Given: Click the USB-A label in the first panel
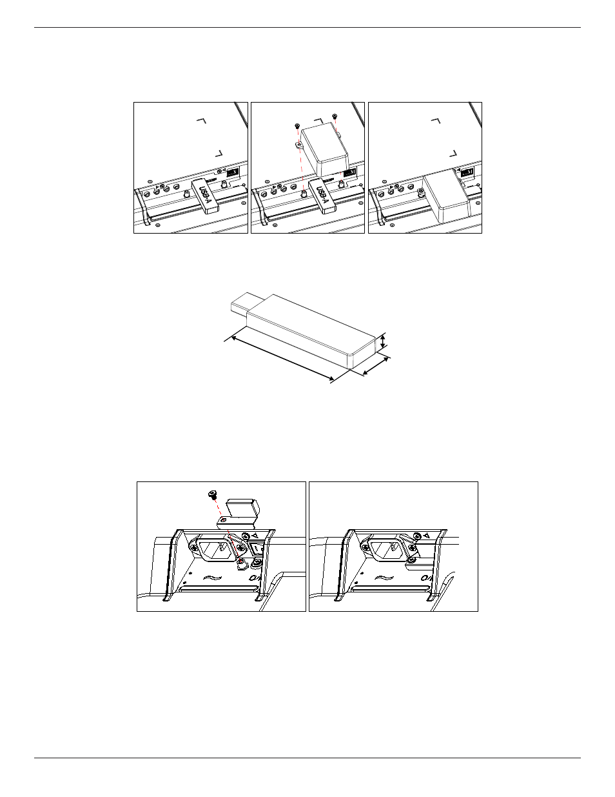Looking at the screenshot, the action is pyautogui.click(x=205, y=194).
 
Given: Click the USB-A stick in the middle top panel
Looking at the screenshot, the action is pyautogui.click(x=322, y=196).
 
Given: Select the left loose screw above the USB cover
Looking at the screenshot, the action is pyautogui.click(x=297, y=126).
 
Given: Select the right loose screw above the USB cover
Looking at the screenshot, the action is pyautogui.click(x=334, y=116).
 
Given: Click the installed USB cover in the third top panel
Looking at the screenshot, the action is pyautogui.click(x=446, y=200).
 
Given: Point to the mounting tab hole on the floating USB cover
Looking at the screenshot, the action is pyautogui.click(x=299, y=145).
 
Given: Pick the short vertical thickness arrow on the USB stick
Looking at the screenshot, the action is pyautogui.click(x=383, y=341).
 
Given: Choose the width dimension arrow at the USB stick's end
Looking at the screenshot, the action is pyautogui.click(x=375, y=367).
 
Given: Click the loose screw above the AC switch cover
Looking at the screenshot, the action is pyautogui.click(x=212, y=494).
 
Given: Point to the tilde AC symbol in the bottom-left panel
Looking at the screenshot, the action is pyautogui.click(x=212, y=578).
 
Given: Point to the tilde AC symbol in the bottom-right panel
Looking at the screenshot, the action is pyautogui.click(x=385, y=578).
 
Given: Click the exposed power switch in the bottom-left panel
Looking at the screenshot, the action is pyautogui.click(x=256, y=549).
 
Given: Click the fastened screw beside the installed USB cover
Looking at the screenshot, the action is pyautogui.click(x=420, y=191).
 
